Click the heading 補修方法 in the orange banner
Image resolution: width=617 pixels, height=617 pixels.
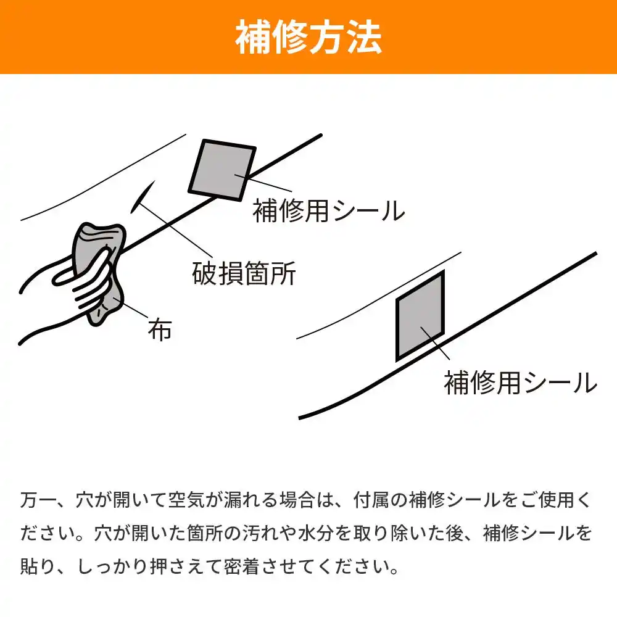[308, 37]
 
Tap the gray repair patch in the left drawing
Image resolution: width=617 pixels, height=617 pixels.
[222, 170]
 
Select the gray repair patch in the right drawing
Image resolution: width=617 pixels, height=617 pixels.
[420, 315]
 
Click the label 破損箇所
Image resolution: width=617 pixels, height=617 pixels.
[244, 273]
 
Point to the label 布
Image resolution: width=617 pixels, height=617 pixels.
[160, 329]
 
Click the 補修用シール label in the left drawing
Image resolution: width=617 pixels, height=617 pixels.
[329, 210]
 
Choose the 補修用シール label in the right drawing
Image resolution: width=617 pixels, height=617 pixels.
[520, 382]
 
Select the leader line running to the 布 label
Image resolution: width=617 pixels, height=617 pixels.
[131, 308]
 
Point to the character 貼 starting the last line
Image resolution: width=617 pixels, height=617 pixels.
[29, 566]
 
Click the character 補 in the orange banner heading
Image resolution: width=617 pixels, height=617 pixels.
[253, 37]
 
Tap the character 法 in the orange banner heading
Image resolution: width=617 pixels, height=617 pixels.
[365, 37]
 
